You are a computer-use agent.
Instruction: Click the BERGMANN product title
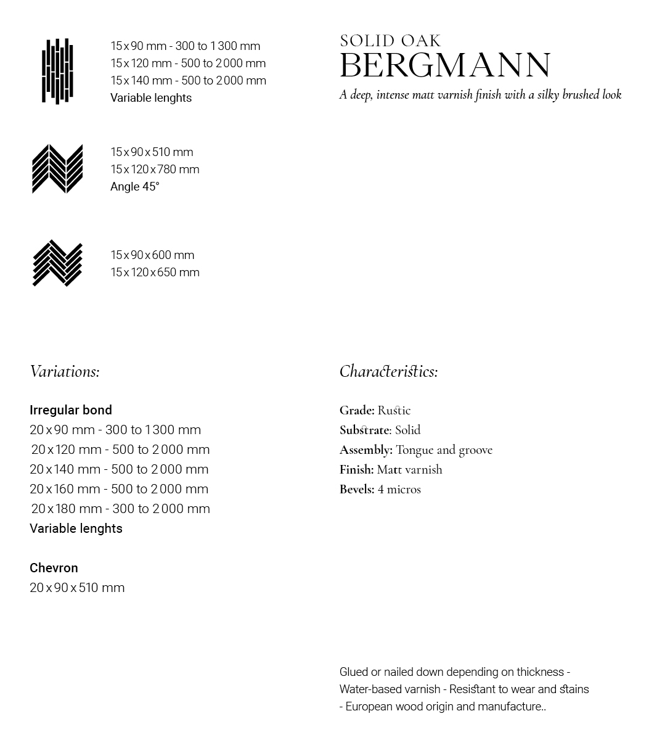445,65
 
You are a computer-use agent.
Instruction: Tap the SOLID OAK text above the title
390,41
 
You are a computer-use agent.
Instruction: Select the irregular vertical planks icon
57,72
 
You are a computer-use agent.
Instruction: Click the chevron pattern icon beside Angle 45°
57,169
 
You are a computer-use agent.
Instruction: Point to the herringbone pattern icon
57,263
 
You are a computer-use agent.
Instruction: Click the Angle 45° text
135,187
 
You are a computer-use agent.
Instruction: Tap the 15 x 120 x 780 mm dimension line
155,170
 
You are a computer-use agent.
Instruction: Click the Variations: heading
65,371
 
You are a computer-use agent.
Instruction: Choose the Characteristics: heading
388,371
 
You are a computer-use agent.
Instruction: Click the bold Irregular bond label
71,410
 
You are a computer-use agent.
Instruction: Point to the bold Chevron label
54,568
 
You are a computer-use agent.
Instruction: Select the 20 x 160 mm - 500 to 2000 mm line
119,489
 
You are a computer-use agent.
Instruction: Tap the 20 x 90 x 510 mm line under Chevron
77,588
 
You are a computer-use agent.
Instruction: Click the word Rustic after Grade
394,410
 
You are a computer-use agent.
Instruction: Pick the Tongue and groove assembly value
444,450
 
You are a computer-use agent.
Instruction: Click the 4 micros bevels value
399,489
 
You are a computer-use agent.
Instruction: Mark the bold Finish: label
356,469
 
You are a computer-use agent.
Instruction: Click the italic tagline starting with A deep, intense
480,95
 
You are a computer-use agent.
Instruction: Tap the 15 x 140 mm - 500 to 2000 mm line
188,81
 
